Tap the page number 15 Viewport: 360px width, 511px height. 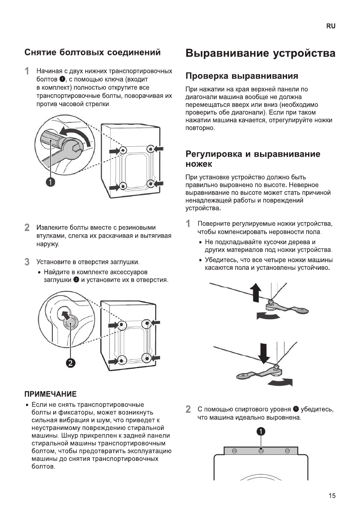[x=332, y=496]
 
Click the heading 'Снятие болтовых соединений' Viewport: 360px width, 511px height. [x=93, y=53]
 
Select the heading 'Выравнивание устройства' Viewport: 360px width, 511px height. [x=260, y=54]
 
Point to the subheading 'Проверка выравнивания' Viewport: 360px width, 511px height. [x=241, y=76]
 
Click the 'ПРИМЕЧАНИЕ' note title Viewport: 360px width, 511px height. [x=50, y=393]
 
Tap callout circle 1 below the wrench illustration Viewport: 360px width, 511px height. [x=51, y=182]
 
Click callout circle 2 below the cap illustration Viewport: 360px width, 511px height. [x=70, y=363]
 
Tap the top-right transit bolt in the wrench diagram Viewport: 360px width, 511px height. [x=150, y=149]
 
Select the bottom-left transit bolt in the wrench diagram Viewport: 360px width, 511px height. [x=123, y=186]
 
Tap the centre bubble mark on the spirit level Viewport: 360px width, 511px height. [x=261, y=450]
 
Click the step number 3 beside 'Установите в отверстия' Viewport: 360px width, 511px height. [x=27, y=261]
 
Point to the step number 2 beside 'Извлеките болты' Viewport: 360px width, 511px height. [x=27, y=227]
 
